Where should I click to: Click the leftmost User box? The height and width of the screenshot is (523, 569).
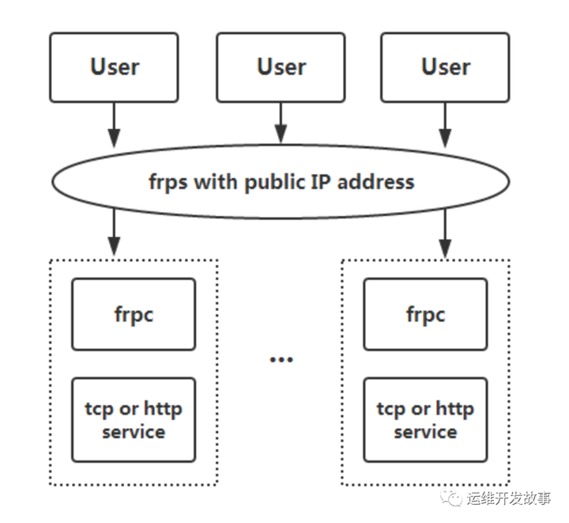click(115, 67)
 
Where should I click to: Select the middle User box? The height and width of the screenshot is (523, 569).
click(281, 67)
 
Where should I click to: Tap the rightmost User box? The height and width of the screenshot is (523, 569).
click(446, 67)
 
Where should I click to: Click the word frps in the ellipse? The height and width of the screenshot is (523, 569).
click(168, 181)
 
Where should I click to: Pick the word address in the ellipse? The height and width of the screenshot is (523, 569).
click(377, 181)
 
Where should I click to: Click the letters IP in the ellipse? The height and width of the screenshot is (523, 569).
click(322, 181)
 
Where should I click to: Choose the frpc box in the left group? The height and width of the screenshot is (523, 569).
click(133, 314)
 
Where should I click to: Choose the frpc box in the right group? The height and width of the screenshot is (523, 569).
click(425, 314)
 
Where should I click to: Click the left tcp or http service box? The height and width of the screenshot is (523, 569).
click(133, 420)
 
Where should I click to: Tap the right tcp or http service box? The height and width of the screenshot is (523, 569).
click(425, 420)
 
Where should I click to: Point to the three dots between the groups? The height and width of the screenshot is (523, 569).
click(281, 359)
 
